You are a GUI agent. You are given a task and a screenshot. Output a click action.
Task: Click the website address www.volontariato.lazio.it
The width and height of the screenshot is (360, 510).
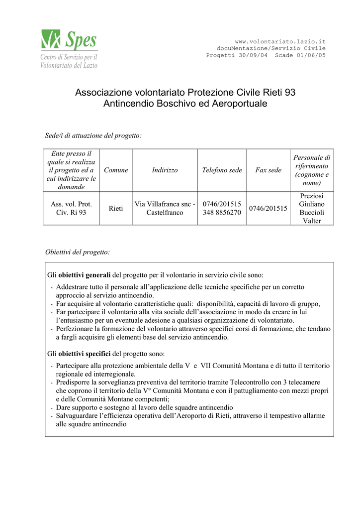(x=280, y=41)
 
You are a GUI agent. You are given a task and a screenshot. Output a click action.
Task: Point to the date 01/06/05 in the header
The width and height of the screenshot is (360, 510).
(x=311, y=55)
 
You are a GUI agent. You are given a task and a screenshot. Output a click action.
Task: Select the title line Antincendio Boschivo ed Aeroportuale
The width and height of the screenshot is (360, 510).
(x=185, y=104)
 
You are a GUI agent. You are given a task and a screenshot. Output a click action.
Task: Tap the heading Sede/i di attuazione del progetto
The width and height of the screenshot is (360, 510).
(x=93, y=135)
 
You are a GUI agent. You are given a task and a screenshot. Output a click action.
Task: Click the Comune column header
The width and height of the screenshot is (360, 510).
(x=116, y=170)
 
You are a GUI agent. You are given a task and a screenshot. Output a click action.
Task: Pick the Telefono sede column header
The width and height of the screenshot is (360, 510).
(x=222, y=170)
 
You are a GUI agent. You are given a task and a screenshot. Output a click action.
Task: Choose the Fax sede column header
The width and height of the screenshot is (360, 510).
(x=268, y=170)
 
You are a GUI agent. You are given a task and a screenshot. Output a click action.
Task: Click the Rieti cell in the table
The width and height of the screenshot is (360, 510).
(x=116, y=208)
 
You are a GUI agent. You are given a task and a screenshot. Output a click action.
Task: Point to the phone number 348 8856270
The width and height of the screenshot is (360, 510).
(x=222, y=213)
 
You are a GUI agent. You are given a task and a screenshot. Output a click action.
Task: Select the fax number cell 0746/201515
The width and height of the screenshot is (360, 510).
(x=268, y=208)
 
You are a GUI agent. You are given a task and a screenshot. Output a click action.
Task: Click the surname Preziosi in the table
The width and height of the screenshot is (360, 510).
(x=312, y=196)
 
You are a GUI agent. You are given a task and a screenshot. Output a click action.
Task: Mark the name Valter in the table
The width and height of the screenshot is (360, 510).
(x=312, y=221)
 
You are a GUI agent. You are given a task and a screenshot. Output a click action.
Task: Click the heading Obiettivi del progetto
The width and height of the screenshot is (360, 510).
(x=78, y=252)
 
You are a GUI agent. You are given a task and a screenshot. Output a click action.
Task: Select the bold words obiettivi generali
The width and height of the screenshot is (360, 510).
(x=85, y=275)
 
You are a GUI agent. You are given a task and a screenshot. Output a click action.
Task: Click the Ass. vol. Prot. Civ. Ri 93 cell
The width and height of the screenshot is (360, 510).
(x=72, y=208)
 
